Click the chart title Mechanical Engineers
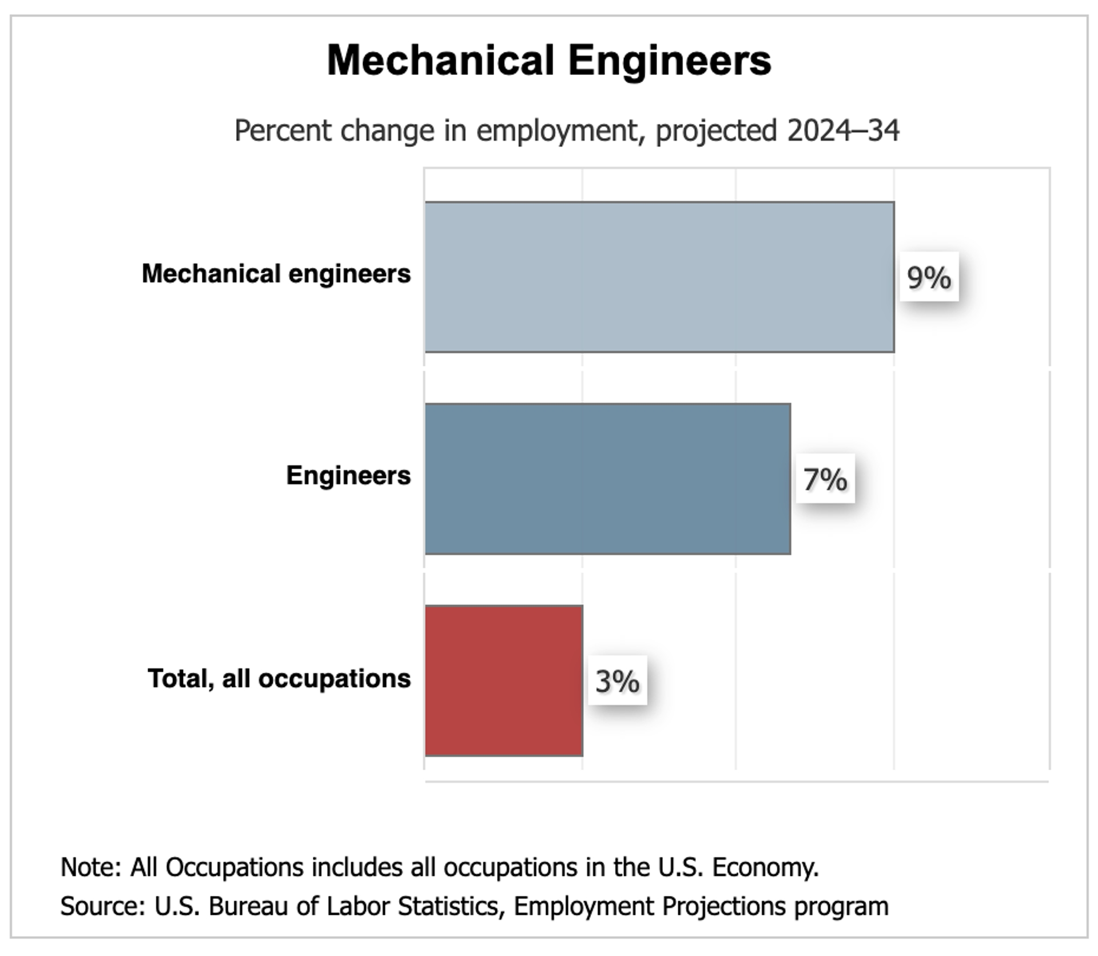[x=549, y=61]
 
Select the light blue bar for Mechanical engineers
[x=659, y=277]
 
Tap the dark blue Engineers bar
[x=608, y=479]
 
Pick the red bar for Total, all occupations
[x=504, y=680]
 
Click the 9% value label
[x=929, y=277]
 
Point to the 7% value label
[x=825, y=479]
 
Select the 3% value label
[x=617, y=681]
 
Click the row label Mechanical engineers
[x=276, y=274]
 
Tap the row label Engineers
[x=348, y=476]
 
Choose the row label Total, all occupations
[x=279, y=679]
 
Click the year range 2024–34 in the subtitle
[x=843, y=131]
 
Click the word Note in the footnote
[x=89, y=867]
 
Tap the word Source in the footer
[x=101, y=906]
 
